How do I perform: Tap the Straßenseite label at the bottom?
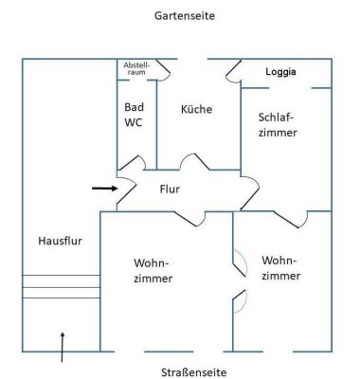(x=181, y=371)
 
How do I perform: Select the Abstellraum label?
(x=135, y=67)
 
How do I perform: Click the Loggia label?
(x=280, y=72)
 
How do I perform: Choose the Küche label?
(x=196, y=109)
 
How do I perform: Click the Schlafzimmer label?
(x=278, y=125)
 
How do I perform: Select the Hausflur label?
(x=61, y=241)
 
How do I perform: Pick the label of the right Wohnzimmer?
(x=280, y=268)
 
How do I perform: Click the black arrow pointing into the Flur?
(x=104, y=188)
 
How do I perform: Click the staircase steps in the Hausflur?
(x=62, y=286)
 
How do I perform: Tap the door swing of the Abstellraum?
(x=162, y=69)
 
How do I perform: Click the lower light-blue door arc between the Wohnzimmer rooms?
(x=241, y=301)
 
